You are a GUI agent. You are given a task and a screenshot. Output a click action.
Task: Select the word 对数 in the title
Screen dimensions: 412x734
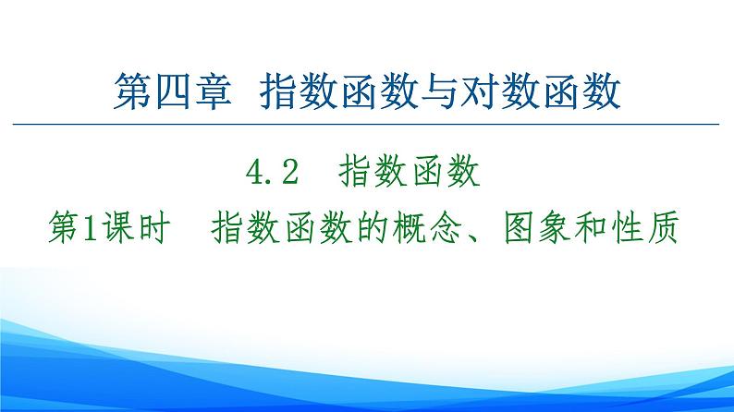(x=506, y=94)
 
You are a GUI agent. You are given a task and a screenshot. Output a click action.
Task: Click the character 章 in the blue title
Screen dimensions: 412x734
(x=213, y=94)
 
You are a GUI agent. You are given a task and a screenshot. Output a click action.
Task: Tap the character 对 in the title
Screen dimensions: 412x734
(x=483, y=94)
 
